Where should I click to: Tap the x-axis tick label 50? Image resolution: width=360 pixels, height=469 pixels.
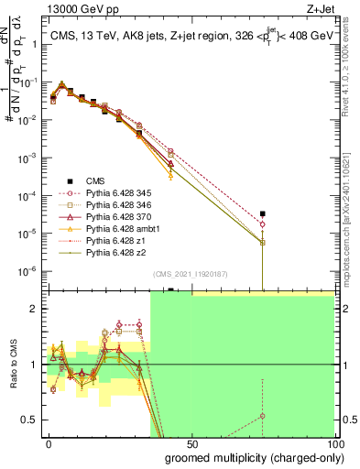(x=191, y=444)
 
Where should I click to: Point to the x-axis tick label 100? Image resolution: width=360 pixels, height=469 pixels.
(x=333, y=444)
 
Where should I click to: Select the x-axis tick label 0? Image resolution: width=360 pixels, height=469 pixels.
(x=49, y=444)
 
